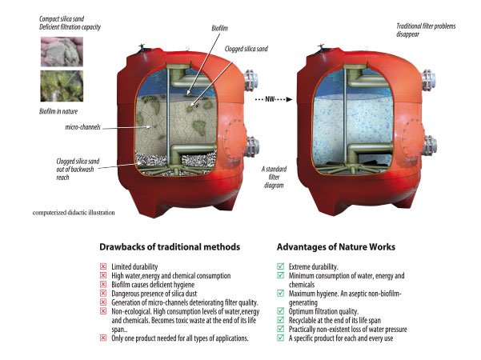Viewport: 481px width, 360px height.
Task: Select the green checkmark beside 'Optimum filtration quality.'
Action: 280,309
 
